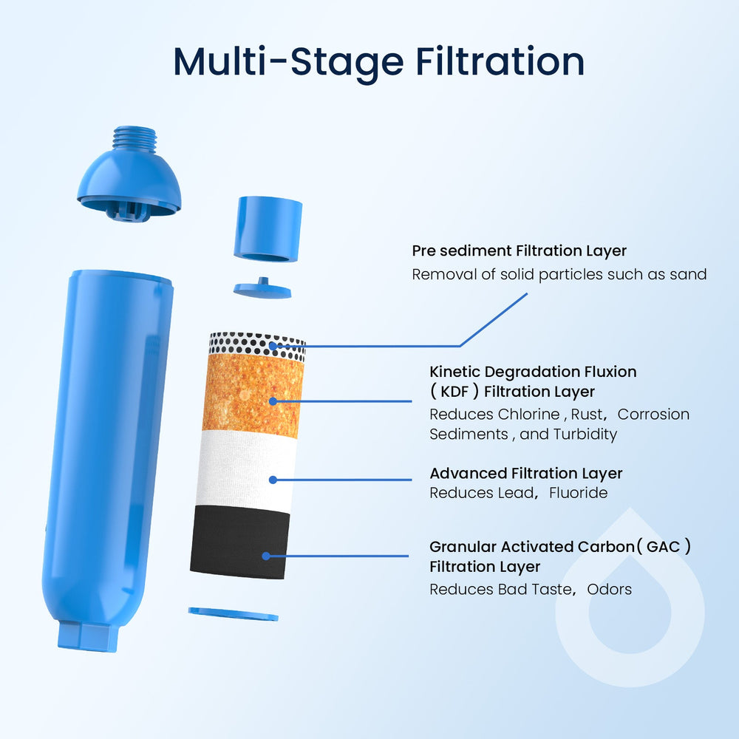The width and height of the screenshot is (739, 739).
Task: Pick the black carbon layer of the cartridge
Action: [239, 543]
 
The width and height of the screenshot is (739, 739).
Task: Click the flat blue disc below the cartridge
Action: [233, 614]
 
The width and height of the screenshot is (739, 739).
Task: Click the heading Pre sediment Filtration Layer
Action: [519, 251]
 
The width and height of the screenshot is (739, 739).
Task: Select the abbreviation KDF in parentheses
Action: [459, 392]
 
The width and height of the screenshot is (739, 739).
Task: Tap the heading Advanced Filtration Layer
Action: [526, 473]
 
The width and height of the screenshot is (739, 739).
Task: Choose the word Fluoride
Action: [577, 493]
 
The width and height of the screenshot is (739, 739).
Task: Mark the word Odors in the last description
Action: [610, 589]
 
